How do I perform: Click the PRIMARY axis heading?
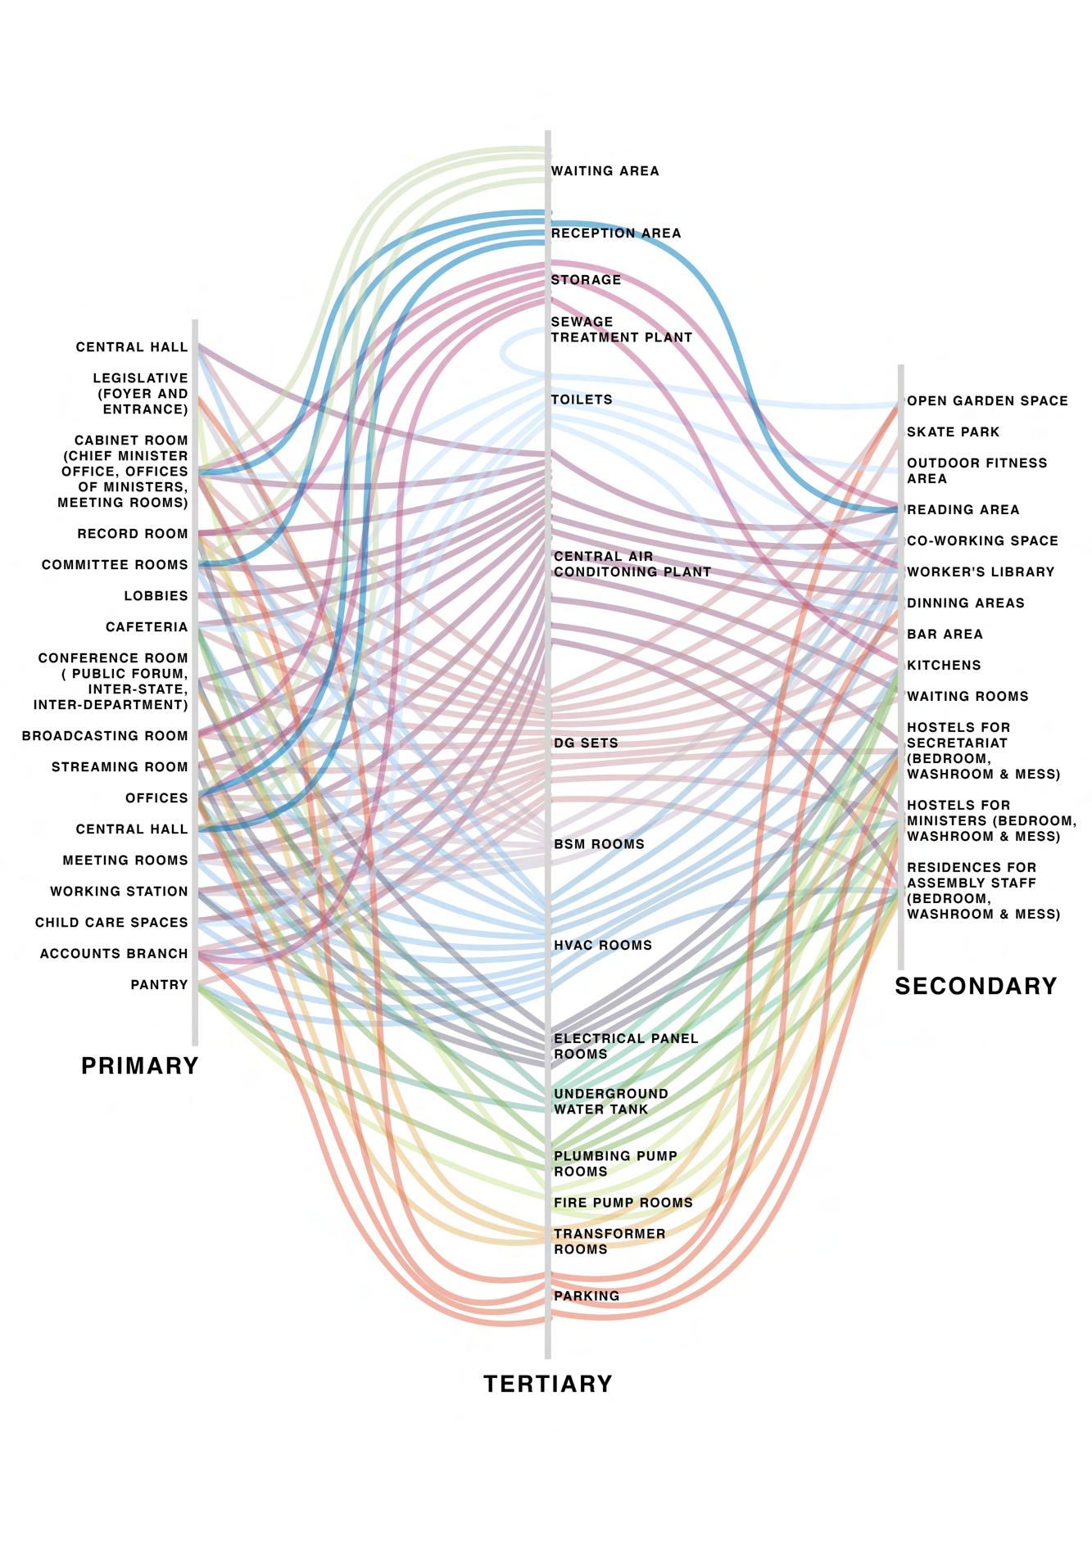[140, 1065]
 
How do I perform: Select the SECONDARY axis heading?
[976, 986]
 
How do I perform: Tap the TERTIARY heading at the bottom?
[548, 1384]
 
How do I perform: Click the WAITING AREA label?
[605, 171]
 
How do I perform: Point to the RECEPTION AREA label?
[616, 233]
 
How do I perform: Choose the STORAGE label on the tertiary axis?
[586, 280]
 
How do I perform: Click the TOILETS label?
[582, 400]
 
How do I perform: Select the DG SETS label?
[586, 743]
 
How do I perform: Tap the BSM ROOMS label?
[599, 844]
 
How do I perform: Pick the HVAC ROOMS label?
[603, 945]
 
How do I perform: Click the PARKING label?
[587, 1296]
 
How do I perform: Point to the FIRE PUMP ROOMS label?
[623, 1203]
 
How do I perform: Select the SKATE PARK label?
[953, 432]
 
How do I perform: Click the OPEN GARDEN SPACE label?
[987, 401]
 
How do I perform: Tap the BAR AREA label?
[945, 635]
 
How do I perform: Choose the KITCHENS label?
[944, 666]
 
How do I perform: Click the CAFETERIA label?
[147, 627]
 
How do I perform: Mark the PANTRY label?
[159, 985]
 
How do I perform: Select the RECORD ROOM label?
[133, 534]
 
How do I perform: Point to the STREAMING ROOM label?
[120, 767]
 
